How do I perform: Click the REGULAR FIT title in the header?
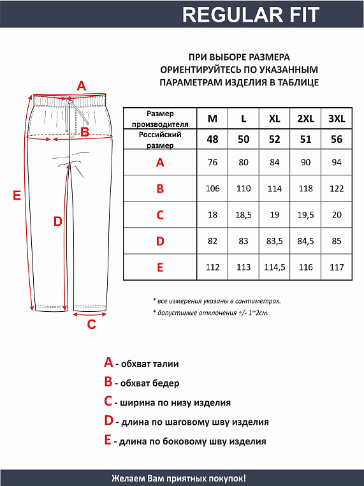pos(250,14)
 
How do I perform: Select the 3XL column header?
pos(337,119)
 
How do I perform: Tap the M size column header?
pos(212,119)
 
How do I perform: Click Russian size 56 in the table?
pos(337,140)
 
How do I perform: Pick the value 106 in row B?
pos(212,189)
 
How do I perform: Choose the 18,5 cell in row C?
pos(244,215)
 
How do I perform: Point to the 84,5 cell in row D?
pos(306,241)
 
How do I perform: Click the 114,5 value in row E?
pos(275,267)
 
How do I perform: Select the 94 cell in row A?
pos(337,163)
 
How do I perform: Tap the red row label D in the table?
pos(160,241)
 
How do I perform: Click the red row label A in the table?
pos(160,163)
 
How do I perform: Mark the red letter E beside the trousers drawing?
pos(17,195)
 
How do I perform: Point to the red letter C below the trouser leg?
pos(91,324)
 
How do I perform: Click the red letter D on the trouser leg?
pos(57,221)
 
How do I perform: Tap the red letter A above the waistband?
pos(81,85)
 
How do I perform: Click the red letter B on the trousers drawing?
pos(84,132)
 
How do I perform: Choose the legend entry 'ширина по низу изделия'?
pos(167,402)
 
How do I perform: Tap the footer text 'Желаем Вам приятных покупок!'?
pos(178,478)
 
